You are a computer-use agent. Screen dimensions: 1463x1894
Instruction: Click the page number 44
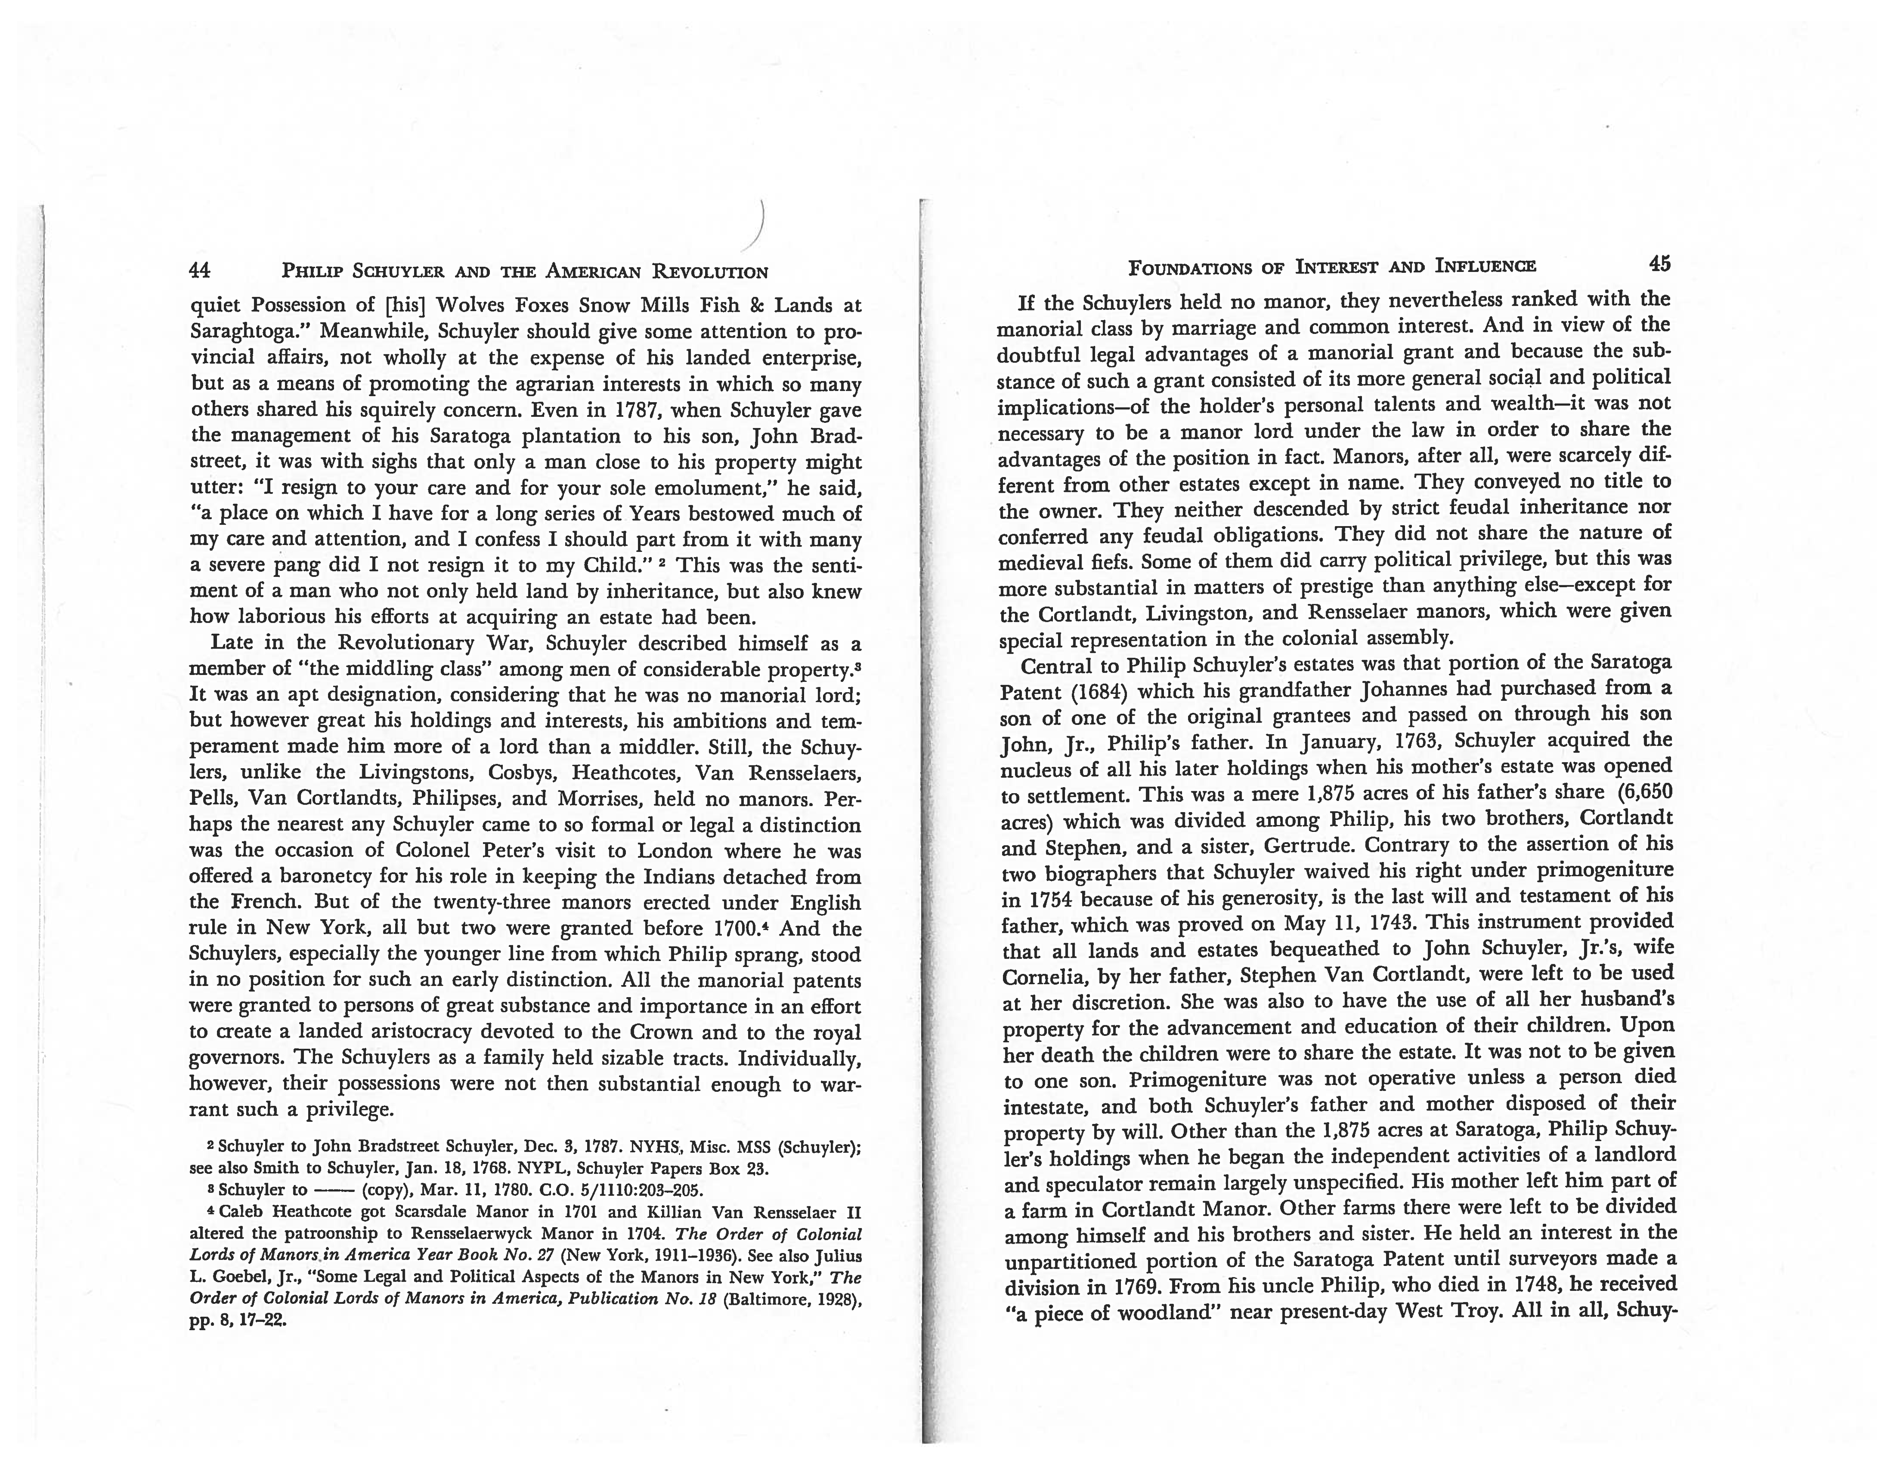[x=199, y=271]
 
